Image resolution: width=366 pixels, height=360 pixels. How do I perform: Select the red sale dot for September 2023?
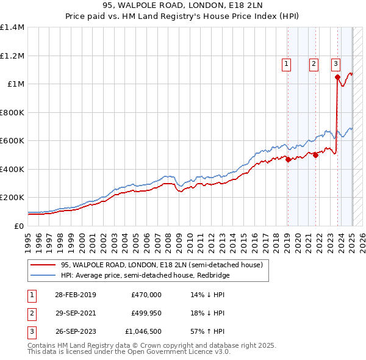coord(337,77)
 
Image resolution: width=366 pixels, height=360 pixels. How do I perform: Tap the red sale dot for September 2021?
coord(316,155)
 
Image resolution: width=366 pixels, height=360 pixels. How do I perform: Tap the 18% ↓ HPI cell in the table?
coord(208,314)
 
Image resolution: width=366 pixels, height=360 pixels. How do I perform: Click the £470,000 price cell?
coord(146,295)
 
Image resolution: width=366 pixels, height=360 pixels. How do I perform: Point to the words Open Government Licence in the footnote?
coord(173,352)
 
